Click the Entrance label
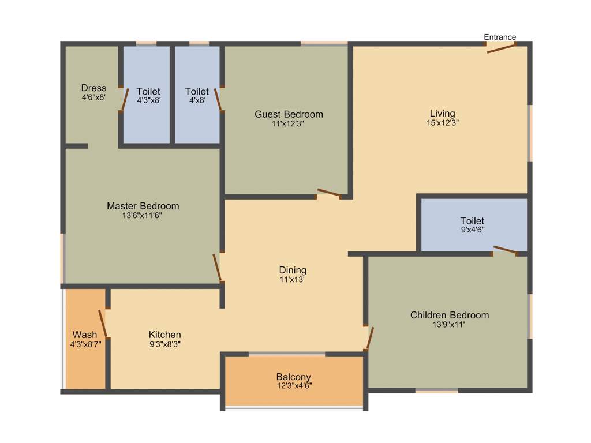(500, 37)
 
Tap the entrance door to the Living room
(500, 48)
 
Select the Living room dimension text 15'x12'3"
(442, 122)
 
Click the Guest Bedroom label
(289, 114)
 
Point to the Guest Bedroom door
(328, 193)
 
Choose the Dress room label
(93, 88)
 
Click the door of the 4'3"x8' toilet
(124, 99)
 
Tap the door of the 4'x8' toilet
(218, 99)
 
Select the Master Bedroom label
(143, 206)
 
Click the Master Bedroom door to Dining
(217, 268)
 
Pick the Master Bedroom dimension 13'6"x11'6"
(143, 216)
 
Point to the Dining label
(293, 270)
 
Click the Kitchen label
(164, 335)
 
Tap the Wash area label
(85, 335)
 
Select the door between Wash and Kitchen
(103, 324)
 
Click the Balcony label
(293, 377)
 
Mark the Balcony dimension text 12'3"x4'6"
(293, 386)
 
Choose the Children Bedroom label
(449, 315)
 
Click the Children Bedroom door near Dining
(369, 338)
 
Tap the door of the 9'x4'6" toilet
(504, 250)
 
